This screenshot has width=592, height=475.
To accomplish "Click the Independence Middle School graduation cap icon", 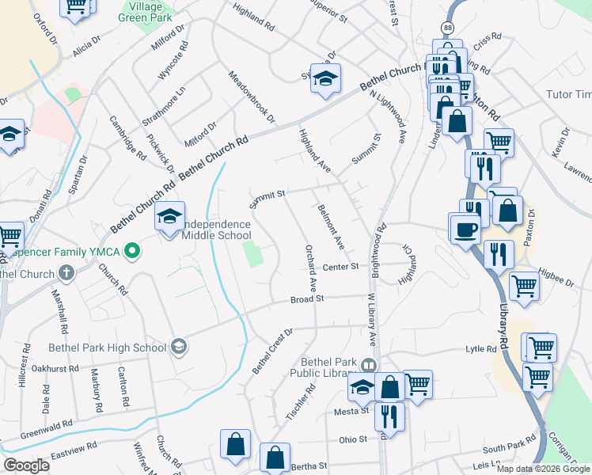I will [169, 216].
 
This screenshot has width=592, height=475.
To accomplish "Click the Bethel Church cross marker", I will [66, 274].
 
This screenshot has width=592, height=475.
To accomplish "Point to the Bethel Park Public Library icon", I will [367, 366].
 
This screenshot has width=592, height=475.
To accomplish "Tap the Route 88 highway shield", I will [449, 28].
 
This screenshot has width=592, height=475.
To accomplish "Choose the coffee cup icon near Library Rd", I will [465, 230].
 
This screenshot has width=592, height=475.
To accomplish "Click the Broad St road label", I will [307, 299].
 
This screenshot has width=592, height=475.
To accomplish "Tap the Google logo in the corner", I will [27, 465].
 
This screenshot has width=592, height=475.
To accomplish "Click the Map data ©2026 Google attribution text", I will [544, 469].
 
